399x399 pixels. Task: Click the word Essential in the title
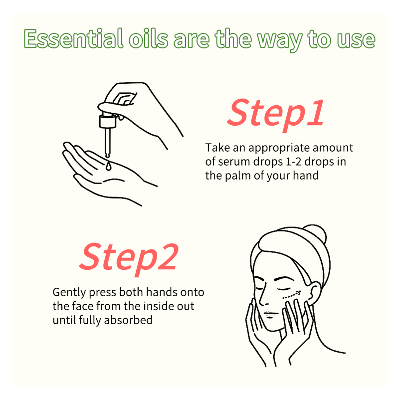click(x=73, y=39)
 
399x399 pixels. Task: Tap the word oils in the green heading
click(x=149, y=39)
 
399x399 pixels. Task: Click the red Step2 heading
click(x=129, y=257)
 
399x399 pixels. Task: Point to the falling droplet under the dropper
click(x=108, y=166)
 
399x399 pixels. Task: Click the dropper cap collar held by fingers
click(x=108, y=121)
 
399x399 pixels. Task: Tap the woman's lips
click(x=270, y=315)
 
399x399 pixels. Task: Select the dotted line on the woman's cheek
click(x=292, y=294)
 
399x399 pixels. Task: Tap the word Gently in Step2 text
click(x=69, y=293)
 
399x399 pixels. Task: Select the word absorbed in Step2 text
click(x=128, y=320)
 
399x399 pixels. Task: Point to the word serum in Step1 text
click(x=230, y=162)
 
